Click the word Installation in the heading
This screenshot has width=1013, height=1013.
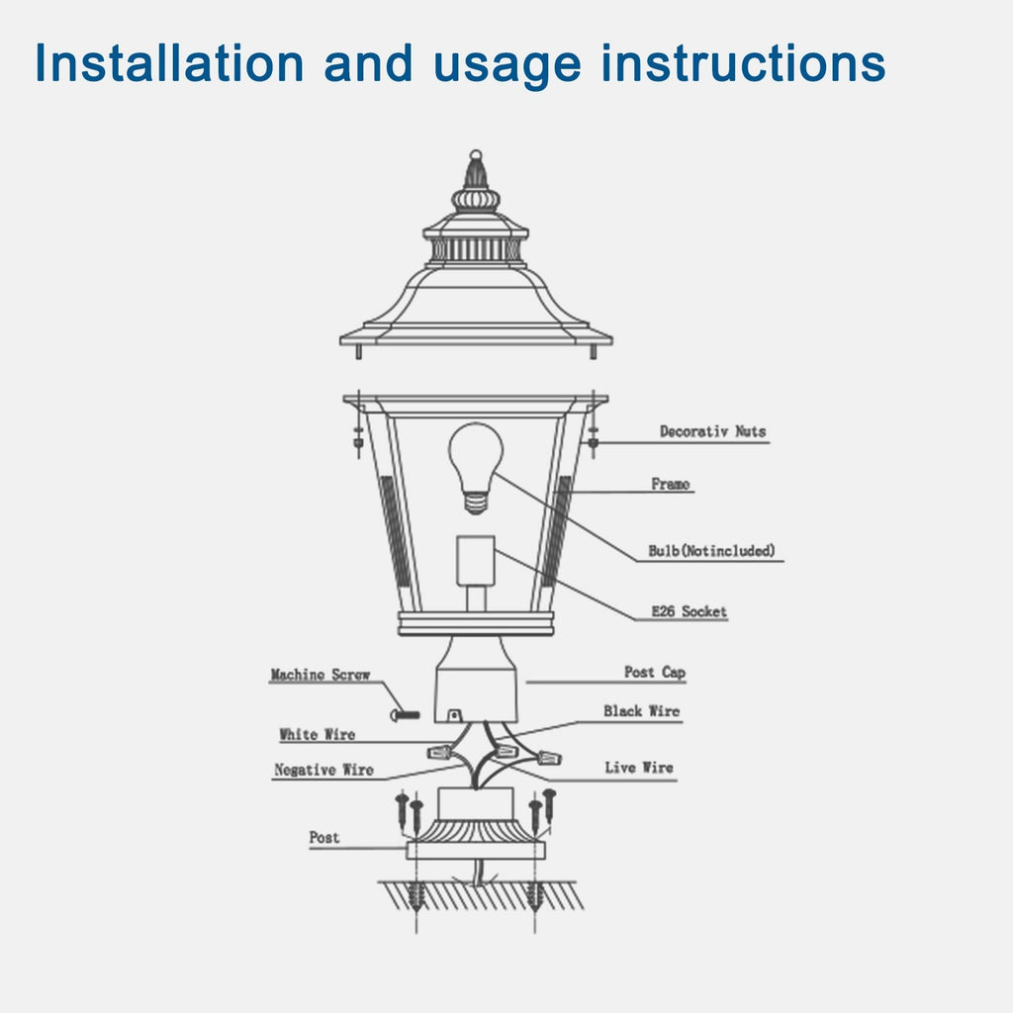coord(169,63)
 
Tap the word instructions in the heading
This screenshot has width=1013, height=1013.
coord(744,63)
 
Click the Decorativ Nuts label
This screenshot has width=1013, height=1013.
coord(712,431)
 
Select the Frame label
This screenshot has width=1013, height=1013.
coord(671,484)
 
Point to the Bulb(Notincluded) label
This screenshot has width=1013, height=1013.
coord(711,550)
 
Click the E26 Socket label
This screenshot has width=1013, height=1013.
coord(689,611)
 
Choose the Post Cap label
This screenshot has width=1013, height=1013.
coord(654,672)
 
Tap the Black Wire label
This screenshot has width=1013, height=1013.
coord(641,710)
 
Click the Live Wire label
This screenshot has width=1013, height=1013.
coord(638,767)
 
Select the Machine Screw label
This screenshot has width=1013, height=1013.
coord(320,675)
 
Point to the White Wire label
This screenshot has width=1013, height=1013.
coord(317,734)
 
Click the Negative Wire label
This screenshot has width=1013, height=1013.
coord(323,769)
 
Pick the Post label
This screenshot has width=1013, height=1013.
coord(323,837)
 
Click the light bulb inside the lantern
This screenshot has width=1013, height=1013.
coord(476,460)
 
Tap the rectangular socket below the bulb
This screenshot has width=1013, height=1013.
coord(476,561)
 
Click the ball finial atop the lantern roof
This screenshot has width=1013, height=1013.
coord(476,156)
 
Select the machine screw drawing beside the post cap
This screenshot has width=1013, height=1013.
coord(405,713)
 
